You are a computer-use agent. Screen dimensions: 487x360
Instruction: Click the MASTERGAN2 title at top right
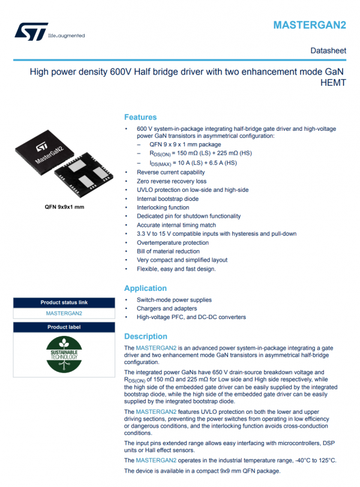310,25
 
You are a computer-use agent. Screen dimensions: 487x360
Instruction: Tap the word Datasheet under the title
328,50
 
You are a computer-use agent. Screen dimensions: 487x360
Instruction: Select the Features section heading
140,117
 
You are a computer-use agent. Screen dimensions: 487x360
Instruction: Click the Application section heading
145,288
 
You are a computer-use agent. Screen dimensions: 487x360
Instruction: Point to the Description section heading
145,336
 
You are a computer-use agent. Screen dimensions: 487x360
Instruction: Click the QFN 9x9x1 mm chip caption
64,206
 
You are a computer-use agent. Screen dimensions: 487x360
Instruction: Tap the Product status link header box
64,302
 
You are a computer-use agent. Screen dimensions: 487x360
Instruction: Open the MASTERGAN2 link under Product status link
64,313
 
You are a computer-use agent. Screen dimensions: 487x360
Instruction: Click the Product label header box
64,327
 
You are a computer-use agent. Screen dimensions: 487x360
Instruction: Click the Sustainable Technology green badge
64,354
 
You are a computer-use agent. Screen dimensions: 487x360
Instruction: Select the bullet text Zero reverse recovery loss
172,181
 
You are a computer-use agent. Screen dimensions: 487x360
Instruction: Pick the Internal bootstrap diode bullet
167,199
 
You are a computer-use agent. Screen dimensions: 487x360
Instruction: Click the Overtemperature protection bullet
173,242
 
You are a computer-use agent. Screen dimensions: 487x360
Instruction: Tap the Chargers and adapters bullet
166,308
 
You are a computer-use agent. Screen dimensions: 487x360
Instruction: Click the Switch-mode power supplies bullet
174,300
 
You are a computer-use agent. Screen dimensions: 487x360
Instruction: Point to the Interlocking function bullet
164,207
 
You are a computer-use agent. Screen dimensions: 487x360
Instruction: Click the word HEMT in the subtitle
334,83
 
